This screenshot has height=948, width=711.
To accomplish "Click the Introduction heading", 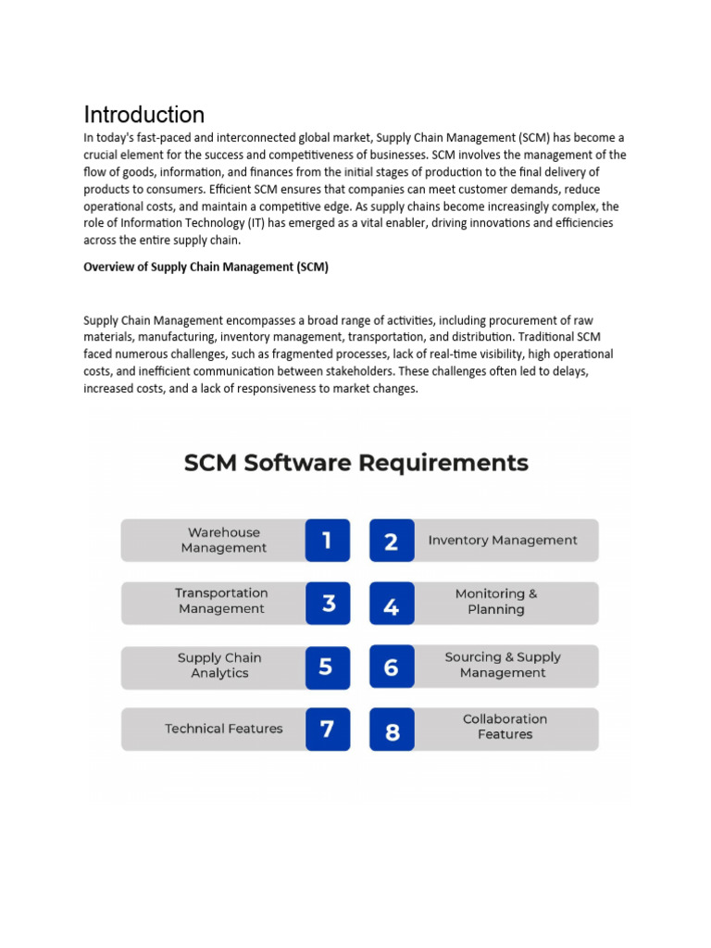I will click(144, 115).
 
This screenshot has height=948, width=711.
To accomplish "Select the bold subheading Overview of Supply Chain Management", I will click(206, 267).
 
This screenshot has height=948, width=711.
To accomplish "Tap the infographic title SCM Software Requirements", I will click(356, 462).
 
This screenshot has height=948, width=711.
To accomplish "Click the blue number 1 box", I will click(328, 540).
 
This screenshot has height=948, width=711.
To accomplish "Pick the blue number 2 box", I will click(392, 541).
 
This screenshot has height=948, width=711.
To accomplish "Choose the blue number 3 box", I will click(328, 604).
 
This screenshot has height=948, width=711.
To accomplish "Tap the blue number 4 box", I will click(392, 605).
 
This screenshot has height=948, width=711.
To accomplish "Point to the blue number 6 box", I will click(392, 667).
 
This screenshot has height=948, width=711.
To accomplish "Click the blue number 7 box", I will click(328, 729).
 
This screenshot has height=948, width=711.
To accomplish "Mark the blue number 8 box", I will click(392, 730).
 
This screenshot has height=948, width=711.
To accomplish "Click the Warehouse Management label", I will click(224, 540).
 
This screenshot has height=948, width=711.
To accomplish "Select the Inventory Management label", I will click(503, 540).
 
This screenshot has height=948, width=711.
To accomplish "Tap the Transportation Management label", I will click(221, 601).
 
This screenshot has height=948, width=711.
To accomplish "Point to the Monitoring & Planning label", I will click(496, 602).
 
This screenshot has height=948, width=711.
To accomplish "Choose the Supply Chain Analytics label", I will click(219, 666).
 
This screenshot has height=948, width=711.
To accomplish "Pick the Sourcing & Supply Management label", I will click(503, 665).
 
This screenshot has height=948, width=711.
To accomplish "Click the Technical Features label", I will click(224, 729).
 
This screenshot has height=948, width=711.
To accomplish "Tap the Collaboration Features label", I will click(505, 727).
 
